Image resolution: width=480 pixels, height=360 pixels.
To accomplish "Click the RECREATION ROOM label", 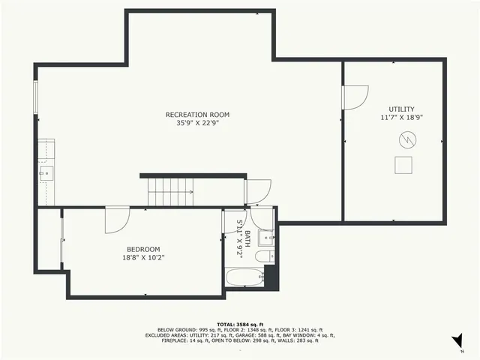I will pos(197,115).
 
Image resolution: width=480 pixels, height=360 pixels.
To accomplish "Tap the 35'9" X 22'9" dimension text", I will pos(197,124).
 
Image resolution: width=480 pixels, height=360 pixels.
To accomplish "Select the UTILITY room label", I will pos(401,109).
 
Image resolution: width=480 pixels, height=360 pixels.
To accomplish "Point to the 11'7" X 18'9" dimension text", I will pos(401,118).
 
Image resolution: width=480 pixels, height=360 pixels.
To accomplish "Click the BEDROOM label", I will pos(142,249).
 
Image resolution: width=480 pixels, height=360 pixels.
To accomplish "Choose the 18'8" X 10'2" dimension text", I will pos(142,258).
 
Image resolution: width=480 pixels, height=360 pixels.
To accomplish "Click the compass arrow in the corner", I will pos(457,342).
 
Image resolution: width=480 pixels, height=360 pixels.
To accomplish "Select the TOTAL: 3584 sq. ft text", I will pos(239,323).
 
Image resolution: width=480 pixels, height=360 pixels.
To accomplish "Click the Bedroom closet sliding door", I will pos(61,240).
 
